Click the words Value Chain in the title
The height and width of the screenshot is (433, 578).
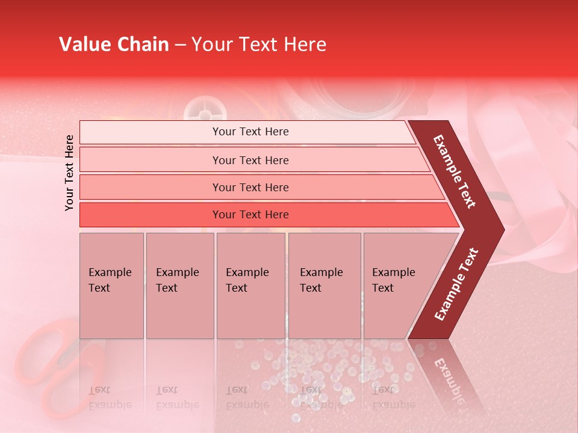(114, 45)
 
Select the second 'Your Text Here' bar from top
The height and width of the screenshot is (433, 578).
(250, 160)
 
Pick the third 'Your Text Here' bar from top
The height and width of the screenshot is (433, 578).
(250, 188)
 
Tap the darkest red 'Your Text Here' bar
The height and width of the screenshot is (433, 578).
(250, 215)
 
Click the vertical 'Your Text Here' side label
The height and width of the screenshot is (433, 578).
(70, 173)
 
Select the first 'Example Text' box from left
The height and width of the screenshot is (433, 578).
(111, 285)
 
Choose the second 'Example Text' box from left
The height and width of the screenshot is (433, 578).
(179, 285)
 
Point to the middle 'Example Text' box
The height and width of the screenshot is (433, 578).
(250, 285)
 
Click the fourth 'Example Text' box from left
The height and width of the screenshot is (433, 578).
(324, 285)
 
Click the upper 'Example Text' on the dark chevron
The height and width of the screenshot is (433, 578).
(455, 171)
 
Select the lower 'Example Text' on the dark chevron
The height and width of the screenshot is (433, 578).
(456, 284)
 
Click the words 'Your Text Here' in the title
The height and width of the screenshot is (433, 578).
(259, 45)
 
